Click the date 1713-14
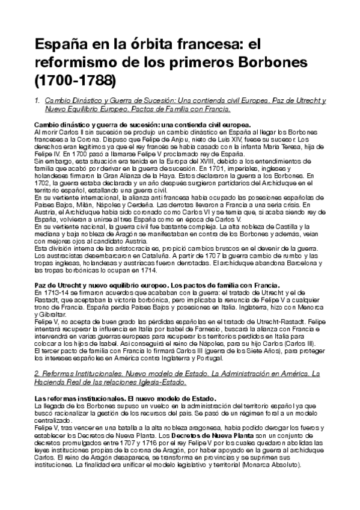pyautogui.click(x=51, y=291)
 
